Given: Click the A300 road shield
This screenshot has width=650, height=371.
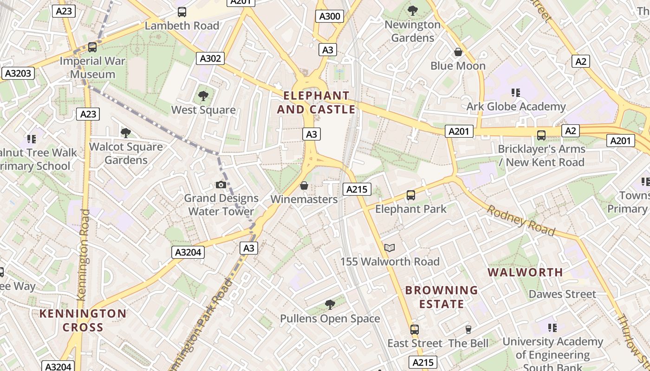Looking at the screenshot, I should point(330,17).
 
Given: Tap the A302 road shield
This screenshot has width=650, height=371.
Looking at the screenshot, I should point(210,58).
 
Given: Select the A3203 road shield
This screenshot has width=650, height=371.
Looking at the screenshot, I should point(18,73).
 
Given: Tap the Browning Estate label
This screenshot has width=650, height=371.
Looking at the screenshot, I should point(441,297).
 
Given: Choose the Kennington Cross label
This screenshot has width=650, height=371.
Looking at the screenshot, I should point(83,320).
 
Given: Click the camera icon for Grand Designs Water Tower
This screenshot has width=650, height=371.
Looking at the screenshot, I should point(221,185).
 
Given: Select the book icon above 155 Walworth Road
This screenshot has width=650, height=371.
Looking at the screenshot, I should point(390,248).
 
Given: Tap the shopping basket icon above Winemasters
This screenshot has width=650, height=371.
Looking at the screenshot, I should point(304,186).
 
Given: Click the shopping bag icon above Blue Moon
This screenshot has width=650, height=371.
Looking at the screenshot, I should point(458,52).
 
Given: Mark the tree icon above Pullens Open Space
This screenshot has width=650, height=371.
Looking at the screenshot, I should point(330,305).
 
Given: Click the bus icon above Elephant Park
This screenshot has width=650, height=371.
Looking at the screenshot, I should point(411,195).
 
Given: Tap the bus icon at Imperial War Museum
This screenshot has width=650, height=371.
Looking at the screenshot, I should point(92,47).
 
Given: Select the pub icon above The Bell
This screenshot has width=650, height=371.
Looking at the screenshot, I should point(468,330).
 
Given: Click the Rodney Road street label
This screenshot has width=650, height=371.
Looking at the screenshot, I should point(520,221).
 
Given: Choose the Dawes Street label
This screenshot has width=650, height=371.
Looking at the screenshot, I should point(562,294).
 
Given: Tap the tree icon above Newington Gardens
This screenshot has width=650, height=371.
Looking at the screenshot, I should point(412,11).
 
